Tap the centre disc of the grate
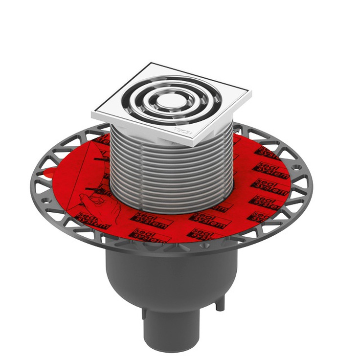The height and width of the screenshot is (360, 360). pos(171,100)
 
